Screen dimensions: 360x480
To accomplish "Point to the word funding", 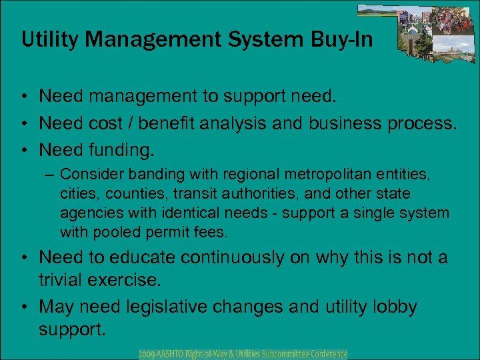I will pos(120,151).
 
